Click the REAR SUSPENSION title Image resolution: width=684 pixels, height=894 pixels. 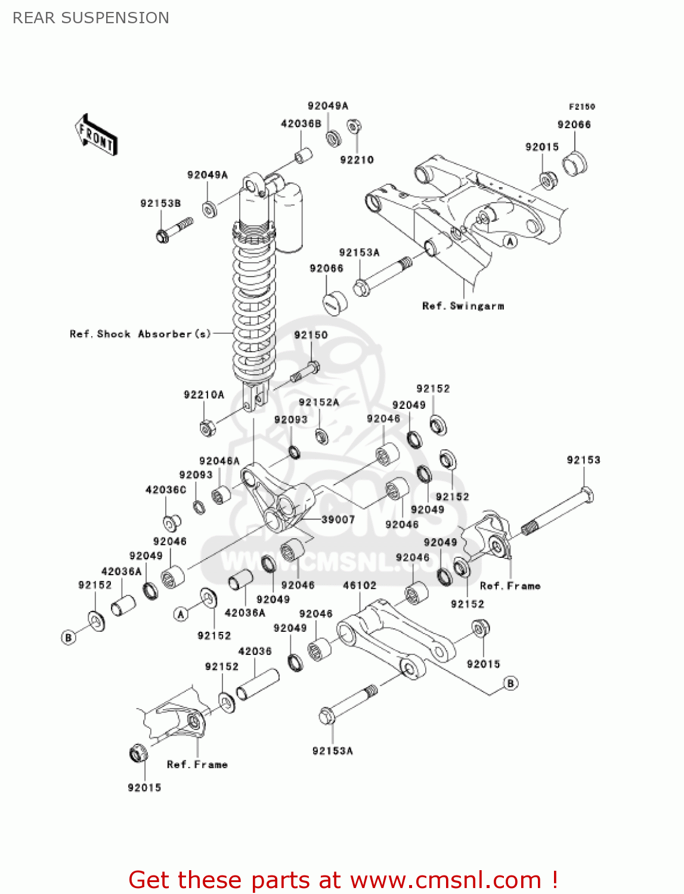point(91,18)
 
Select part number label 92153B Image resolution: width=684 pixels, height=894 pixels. point(160,203)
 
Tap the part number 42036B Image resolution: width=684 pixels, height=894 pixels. point(301,123)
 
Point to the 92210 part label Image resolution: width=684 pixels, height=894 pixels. point(357,160)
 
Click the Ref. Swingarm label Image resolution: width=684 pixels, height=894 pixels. point(463,306)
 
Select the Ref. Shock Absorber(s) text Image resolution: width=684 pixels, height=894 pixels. point(140,334)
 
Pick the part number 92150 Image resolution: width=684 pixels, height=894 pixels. point(311,335)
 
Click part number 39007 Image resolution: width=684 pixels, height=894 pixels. point(338,519)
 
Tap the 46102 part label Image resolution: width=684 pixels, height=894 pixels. point(360,585)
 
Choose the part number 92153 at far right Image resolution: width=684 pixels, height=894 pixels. point(583,460)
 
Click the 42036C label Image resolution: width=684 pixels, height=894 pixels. point(166,489)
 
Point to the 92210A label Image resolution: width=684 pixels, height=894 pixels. point(204,395)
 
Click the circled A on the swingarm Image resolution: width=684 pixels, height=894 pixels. point(510,241)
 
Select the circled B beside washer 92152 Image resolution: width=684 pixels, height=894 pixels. point(69,637)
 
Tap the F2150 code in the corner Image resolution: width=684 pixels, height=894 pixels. point(581,107)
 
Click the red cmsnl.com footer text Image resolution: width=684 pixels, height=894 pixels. point(343,880)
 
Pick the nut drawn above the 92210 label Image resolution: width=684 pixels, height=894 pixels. point(354,126)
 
